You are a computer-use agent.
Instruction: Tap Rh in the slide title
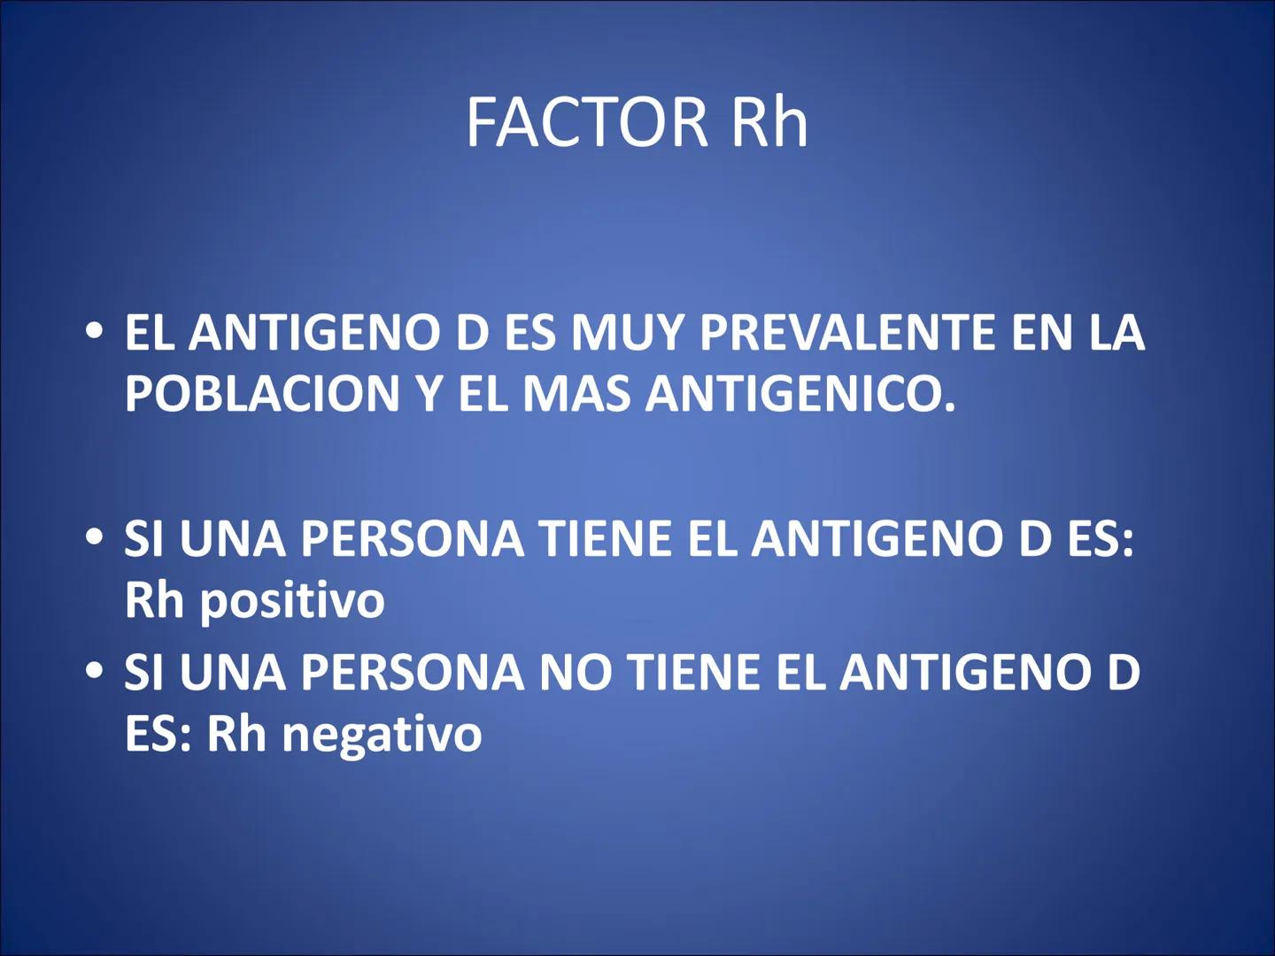click(x=769, y=122)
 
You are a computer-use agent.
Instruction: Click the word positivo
click(x=292, y=602)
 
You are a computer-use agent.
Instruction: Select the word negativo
click(x=382, y=735)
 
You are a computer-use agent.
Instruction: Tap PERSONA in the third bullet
click(x=412, y=673)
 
